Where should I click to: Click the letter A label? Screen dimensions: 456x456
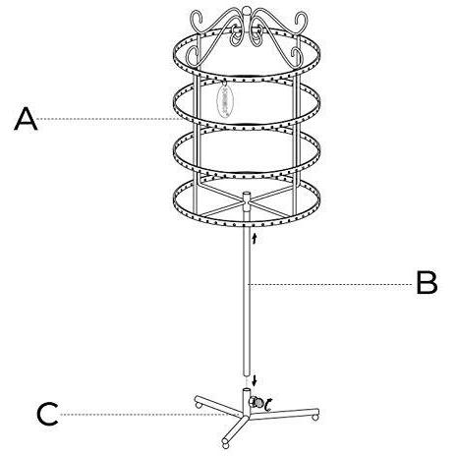pyautogui.click(x=26, y=119)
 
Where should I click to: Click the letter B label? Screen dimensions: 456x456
pyautogui.click(x=427, y=282)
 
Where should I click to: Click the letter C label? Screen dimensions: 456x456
pyautogui.click(x=47, y=414)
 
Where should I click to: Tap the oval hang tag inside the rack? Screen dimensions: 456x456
pyautogui.click(x=225, y=100)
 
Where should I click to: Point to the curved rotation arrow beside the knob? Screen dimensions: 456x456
pyautogui.click(x=268, y=405)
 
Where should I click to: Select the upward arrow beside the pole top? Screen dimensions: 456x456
pyautogui.click(x=255, y=238)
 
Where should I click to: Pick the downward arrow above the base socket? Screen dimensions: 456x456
pyautogui.click(x=255, y=381)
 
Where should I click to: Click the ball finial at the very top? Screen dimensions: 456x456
pyautogui.click(x=246, y=9)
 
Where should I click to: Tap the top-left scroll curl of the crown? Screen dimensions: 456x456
pyautogui.click(x=198, y=20)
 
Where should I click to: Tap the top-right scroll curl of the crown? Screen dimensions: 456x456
pyautogui.click(x=301, y=22)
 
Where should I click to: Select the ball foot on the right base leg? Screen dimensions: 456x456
pyautogui.click(x=314, y=418)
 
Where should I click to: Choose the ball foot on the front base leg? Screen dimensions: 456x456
pyautogui.click(x=225, y=445)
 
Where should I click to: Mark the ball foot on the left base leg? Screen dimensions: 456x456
pyautogui.click(x=199, y=405)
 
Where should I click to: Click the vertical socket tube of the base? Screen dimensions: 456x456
pyautogui.click(x=247, y=402)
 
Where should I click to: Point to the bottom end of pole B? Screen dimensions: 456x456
pyautogui.click(x=247, y=375)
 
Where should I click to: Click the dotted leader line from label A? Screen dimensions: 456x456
pyautogui.click(x=110, y=119)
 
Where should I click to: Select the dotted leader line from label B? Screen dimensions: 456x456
pyautogui.click(x=331, y=284)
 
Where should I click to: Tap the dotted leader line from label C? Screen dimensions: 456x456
pyautogui.click(x=144, y=415)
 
